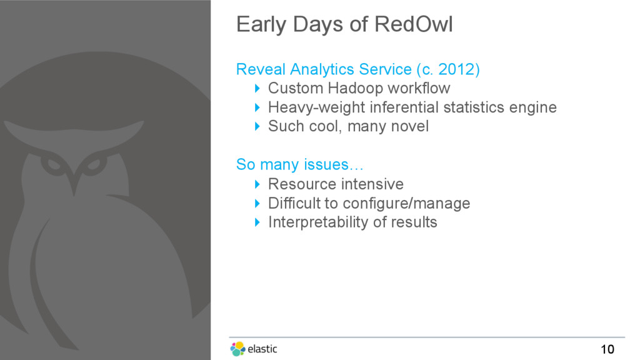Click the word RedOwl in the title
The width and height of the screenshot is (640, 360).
point(414,24)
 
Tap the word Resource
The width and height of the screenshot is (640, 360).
point(299,184)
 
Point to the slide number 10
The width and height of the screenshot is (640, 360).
point(607,349)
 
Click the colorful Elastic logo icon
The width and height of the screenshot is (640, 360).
point(237,349)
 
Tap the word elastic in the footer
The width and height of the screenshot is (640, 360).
point(262,349)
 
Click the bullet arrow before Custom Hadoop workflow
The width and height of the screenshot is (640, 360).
point(257,88)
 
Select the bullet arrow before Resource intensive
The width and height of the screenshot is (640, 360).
point(257,184)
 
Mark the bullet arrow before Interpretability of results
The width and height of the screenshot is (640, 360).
point(257,222)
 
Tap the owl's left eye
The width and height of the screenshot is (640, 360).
point(52,164)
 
